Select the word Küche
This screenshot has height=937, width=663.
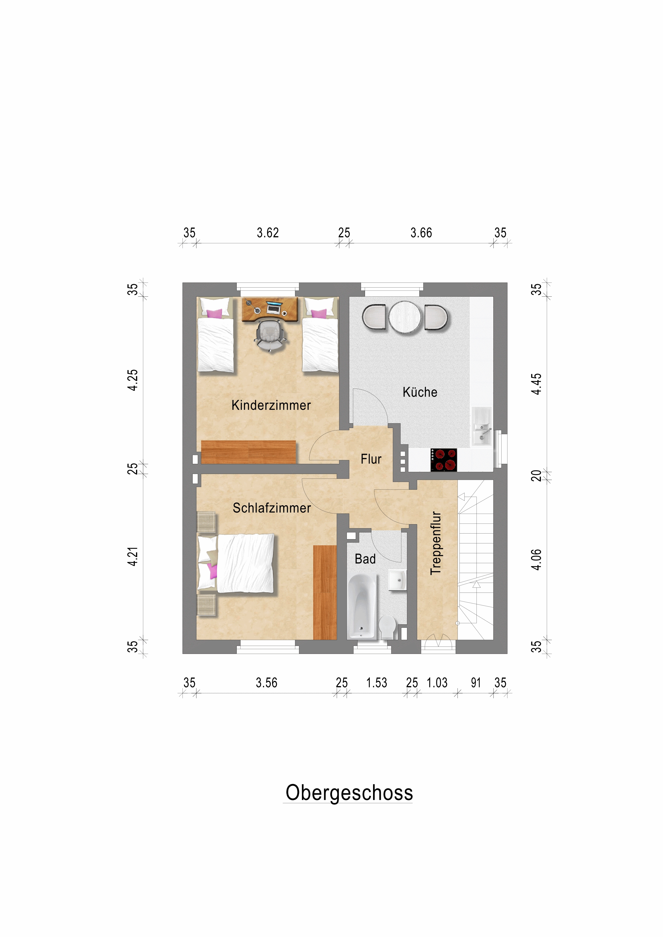420,392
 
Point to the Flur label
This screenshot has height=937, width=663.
371,459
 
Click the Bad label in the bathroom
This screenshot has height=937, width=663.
365,559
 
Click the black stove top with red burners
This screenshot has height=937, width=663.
444,460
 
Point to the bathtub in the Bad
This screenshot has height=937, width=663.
362,606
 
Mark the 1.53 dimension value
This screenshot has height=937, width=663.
377,683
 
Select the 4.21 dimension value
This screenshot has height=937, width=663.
133,556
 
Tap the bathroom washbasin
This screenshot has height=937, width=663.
397,580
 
